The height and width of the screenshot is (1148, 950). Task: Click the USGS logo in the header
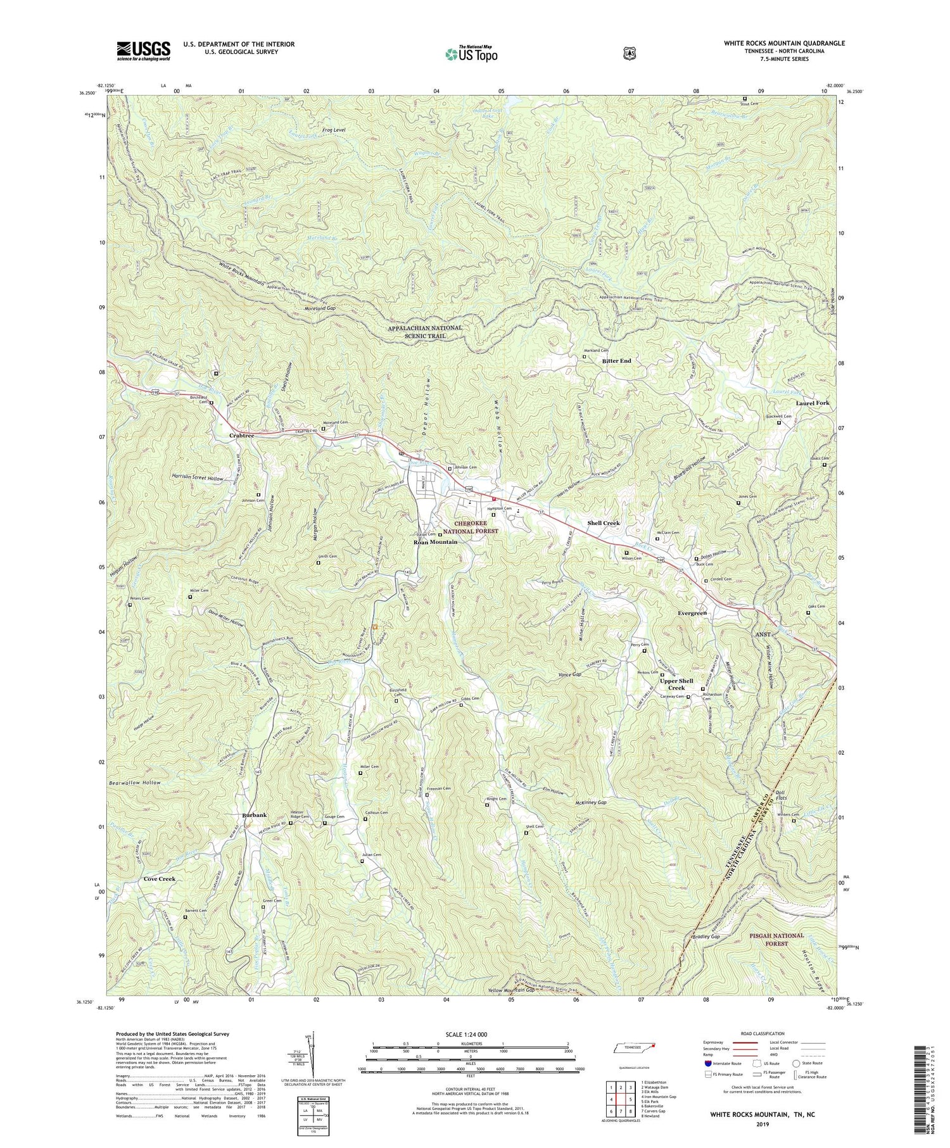(x=144, y=51)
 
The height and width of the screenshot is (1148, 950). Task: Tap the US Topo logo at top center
(x=471, y=54)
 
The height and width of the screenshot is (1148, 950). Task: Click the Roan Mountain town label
(x=435, y=542)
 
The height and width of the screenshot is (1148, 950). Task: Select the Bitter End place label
(x=616, y=361)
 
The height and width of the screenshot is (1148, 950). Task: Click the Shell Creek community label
(x=603, y=523)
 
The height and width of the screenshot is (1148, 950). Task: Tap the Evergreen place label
(x=692, y=614)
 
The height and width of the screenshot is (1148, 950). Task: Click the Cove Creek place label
(x=159, y=879)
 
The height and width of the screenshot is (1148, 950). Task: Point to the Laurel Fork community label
(x=813, y=403)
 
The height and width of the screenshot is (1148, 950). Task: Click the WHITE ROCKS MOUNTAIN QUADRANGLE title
(x=784, y=43)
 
